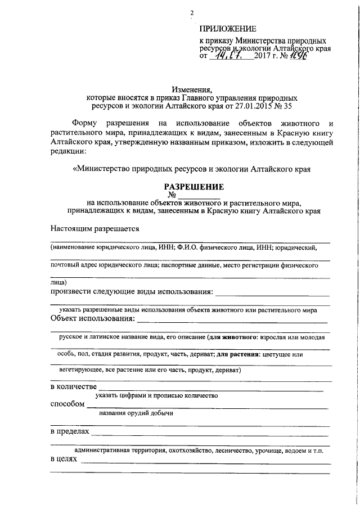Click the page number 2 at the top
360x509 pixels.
pos(192,13)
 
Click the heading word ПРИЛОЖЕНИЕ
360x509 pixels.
pos(228,29)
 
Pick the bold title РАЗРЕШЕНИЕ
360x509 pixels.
pos(193,186)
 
